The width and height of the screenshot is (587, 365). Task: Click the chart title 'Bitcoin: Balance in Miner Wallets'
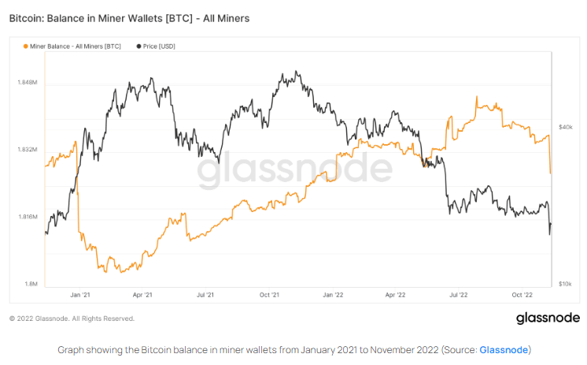coord(129,17)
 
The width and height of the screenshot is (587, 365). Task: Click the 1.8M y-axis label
coord(29,284)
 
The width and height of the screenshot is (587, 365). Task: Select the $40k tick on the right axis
coord(565,126)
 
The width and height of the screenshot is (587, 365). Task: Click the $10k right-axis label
coord(565,284)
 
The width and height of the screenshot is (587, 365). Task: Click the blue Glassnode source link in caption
coord(504,349)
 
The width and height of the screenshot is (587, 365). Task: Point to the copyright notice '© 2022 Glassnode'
coord(72,318)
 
